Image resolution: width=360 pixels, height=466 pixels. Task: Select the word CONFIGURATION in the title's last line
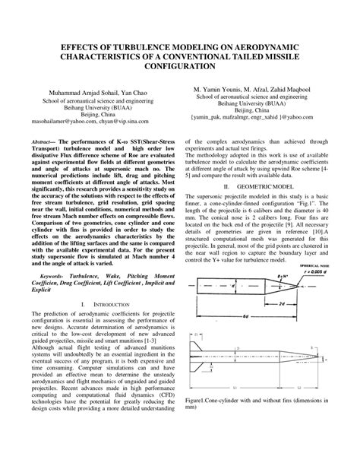(x=179, y=66)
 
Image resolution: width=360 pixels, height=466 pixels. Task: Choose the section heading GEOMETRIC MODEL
(x=270, y=185)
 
